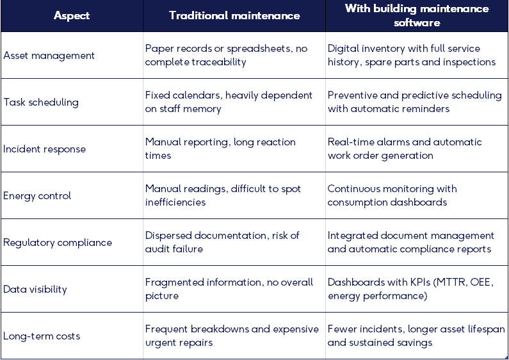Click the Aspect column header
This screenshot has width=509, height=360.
72,15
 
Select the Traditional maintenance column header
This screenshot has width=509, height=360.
234,15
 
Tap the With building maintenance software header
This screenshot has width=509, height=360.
417,15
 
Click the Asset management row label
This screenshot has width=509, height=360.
49,56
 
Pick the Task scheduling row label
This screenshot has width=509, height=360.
41,102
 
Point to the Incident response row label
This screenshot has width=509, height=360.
44,149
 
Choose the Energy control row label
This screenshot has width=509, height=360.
37,196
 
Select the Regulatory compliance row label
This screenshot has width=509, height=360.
58,243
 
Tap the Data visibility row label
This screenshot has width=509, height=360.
35,290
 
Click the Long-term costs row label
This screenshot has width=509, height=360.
42,336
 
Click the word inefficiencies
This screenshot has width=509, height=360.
175,202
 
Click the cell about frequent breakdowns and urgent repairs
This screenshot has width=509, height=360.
232,336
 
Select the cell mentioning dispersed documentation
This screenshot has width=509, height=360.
222,242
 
